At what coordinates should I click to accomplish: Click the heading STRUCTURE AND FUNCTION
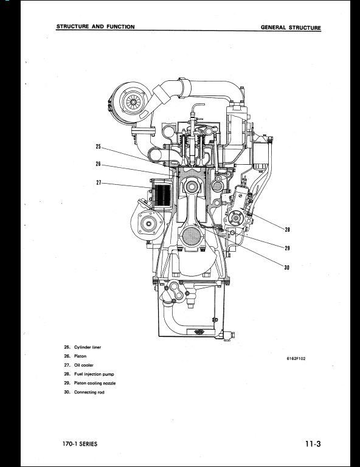point(95,27)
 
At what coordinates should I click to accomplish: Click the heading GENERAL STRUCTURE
point(290,28)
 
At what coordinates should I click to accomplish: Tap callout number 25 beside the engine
point(99,146)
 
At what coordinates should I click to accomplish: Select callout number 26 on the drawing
point(99,164)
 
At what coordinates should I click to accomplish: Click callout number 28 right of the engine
point(287,229)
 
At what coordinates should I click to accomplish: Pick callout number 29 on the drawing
point(287,247)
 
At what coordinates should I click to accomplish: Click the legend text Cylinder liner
point(88,347)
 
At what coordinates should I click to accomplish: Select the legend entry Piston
point(80,356)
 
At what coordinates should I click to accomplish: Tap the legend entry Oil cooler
point(83,365)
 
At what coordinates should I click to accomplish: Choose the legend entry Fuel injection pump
point(94,375)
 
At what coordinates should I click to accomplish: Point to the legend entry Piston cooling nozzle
point(95,384)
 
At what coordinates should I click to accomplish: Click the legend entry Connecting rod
point(89,393)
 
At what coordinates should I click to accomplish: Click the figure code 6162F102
point(296,358)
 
